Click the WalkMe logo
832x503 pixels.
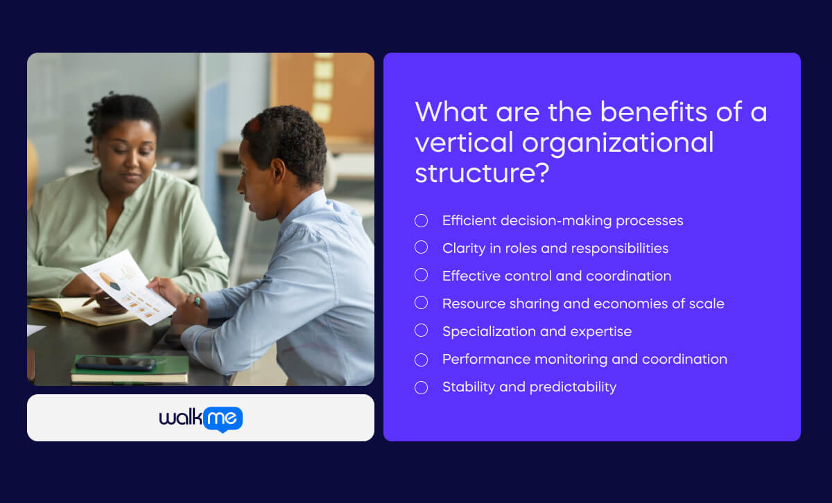pos(200,418)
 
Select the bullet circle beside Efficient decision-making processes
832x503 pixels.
pos(421,221)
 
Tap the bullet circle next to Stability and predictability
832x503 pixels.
pos(421,387)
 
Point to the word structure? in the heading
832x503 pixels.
pos(482,173)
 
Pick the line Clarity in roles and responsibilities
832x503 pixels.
pos(555,248)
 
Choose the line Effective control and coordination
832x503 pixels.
pos(556,276)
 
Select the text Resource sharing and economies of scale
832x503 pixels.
pos(582,303)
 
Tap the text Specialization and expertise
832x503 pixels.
pos(537,331)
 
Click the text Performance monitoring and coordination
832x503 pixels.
pos(584,359)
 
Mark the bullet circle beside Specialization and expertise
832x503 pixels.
pos(421,331)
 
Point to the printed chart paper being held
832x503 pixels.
pos(128,286)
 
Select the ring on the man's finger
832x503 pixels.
pos(197,301)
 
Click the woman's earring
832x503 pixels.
pos(94,160)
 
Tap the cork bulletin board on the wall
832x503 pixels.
pos(326,90)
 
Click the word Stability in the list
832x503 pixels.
pos(468,387)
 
